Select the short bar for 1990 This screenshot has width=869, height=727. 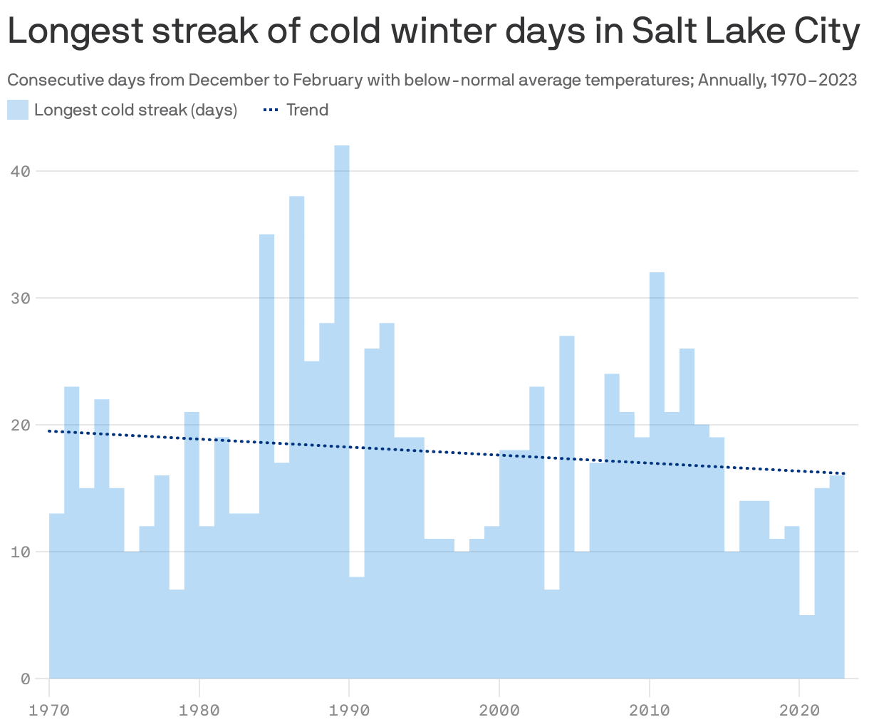pyautogui.click(x=357, y=627)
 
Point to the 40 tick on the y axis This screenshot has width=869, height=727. pyautogui.click(x=24, y=171)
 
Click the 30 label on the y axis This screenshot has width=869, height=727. pyautogui.click(x=24, y=298)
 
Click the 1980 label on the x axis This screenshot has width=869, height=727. pyautogui.click(x=199, y=710)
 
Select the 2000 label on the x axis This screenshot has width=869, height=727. pyautogui.click(x=499, y=710)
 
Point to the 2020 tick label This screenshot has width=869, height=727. pyautogui.click(x=799, y=710)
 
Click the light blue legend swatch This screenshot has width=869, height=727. pyautogui.click(x=18, y=110)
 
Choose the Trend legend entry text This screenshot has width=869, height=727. pyautogui.click(x=307, y=110)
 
